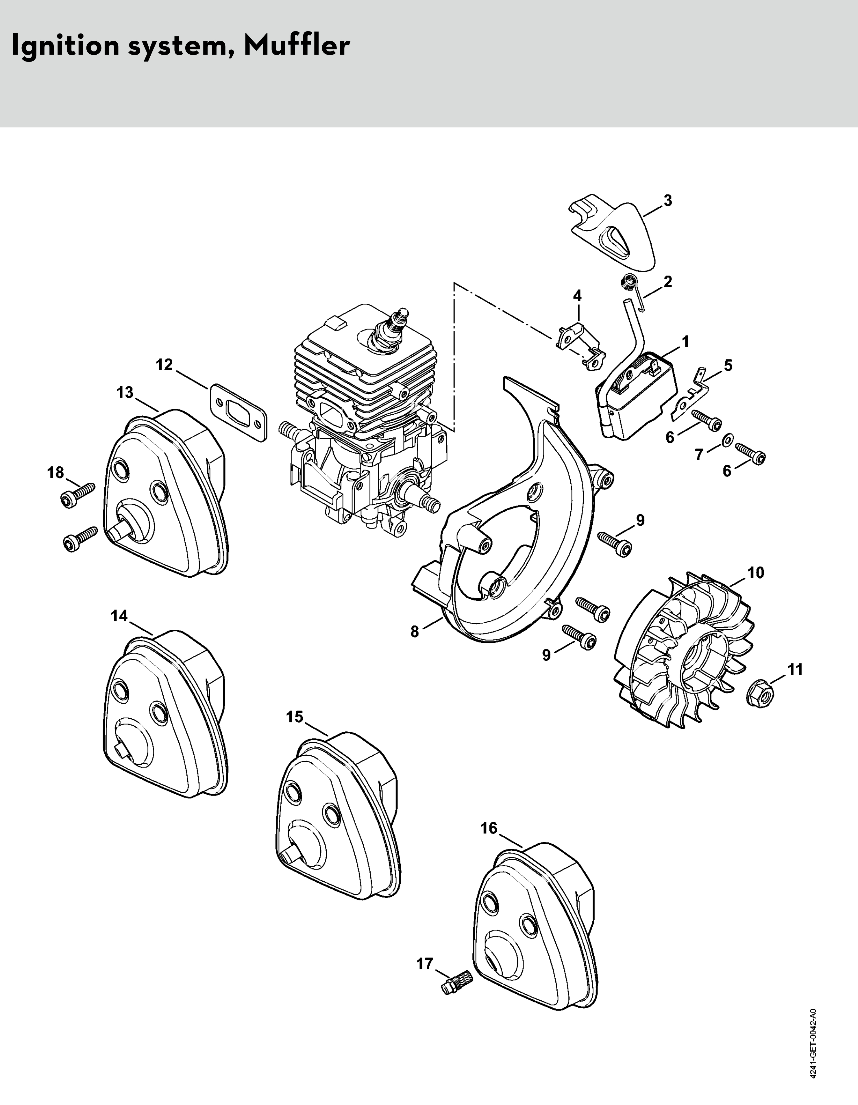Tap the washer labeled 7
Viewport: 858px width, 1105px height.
click(726, 438)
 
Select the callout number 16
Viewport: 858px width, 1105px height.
click(489, 828)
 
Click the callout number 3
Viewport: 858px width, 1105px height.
click(668, 201)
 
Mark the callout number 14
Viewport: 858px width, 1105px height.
click(119, 616)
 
